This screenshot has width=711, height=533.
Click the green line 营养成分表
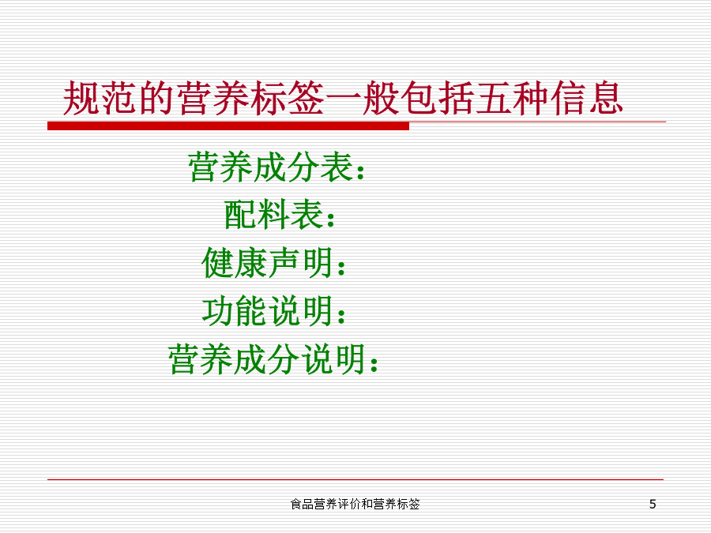(x=276, y=167)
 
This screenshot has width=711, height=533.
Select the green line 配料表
(x=280, y=214)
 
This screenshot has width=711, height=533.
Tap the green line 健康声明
(x=274, y=262)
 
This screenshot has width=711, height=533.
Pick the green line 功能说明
(x=274, y=311)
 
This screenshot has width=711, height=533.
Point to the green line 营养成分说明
(x=273, y=359)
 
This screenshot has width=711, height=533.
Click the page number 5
(x=653, y=504)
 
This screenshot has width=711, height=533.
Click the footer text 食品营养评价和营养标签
(x=355, y=504)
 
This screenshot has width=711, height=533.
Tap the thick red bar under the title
(x=228, y=126)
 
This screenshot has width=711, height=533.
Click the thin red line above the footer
(x=355, y=479)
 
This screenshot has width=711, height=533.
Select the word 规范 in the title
(x=100, y=98)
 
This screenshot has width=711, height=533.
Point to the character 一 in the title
(x=344, y=98)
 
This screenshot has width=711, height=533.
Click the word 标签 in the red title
(x=287, y=98)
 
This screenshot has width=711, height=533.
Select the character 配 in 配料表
(x=240, y=214)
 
